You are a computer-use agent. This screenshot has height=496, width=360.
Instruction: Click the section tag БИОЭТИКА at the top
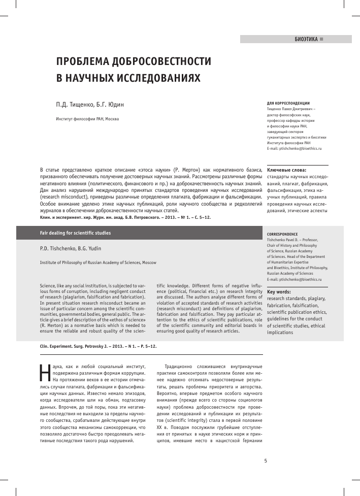306,39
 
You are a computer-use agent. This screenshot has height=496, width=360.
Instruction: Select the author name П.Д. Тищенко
75,105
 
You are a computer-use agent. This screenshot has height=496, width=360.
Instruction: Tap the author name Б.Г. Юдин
110,105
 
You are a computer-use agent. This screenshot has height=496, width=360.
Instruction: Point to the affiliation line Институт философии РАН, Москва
87,119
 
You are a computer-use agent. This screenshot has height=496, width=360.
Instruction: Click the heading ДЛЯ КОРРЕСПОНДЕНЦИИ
288,103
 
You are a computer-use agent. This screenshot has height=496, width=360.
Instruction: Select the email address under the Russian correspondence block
294,149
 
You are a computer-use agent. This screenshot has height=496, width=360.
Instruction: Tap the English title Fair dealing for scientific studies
75,233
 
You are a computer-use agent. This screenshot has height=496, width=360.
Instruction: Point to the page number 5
266,461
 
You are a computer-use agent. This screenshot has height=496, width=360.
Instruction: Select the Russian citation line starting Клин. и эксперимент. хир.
125,217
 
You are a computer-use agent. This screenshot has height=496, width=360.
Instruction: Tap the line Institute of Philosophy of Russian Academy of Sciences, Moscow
98,262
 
